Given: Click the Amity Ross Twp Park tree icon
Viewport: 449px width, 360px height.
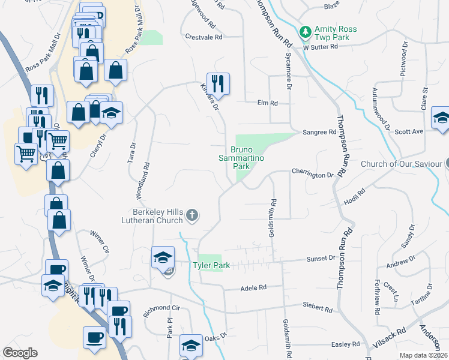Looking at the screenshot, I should click(x=306, y=31).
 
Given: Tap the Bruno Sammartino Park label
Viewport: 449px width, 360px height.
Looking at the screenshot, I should click(x=249, y=157).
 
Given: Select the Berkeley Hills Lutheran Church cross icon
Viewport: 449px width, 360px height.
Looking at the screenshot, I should click(x=192, y=215).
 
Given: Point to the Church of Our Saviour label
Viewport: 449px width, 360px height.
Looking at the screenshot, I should click(x=401, y=164).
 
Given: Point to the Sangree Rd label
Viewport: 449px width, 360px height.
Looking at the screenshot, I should click(x=319, y=132).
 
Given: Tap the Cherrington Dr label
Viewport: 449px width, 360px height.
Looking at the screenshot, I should click(x=312, y=175).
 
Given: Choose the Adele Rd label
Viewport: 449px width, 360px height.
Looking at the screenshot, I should click(x=253, y=288).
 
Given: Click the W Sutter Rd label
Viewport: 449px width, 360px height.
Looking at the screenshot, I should click(x=321, y=46).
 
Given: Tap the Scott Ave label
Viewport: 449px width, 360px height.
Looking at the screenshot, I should click(x=409, y=131).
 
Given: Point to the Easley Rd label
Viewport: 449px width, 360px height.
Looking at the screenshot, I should click(x=345, y=344).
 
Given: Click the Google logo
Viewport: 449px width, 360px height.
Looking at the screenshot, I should click(x=20, y=353).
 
